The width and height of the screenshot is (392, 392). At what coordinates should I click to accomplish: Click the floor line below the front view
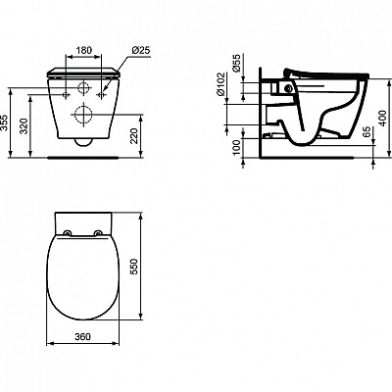click(84, 156)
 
